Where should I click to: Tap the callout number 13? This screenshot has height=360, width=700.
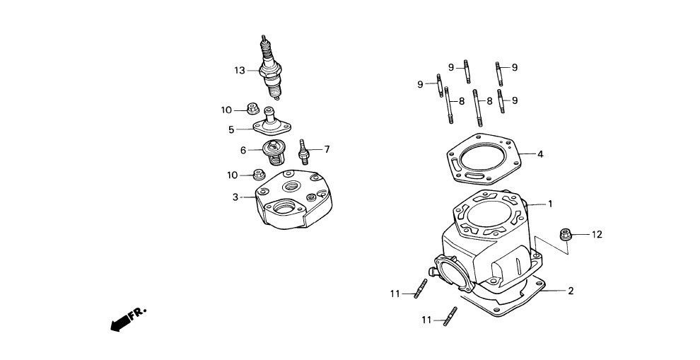coord(240,70)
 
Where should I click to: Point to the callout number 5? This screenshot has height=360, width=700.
coord(231,129)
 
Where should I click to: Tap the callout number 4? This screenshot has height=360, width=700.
coord(540,153)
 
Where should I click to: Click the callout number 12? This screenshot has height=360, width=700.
coord(597,234)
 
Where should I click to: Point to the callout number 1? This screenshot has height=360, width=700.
coord(549,204)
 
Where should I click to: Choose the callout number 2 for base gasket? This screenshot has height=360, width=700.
coord(571,291)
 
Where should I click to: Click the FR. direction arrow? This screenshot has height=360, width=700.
coord(119,322)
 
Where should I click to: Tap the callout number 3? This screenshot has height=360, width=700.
coord(236,197)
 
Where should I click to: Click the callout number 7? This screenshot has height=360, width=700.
coord(327,149)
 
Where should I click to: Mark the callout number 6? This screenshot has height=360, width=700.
coord(243,150)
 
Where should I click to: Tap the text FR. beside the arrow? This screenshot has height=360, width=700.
coord(137,312)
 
